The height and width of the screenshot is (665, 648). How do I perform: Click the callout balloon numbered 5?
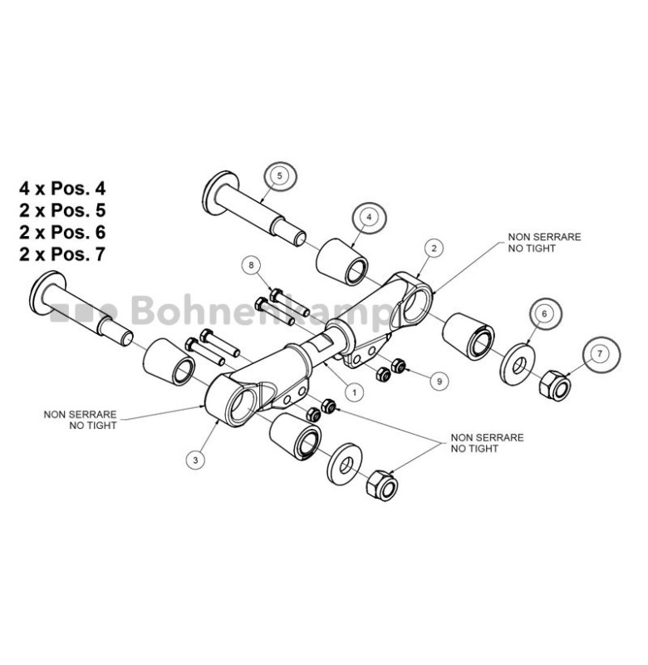(x=279, y=175)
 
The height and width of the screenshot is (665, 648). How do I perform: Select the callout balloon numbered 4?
(x=369, y=217)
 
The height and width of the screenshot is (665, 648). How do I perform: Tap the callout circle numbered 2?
(x=434, y=249)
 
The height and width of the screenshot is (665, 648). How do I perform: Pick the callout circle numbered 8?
(x=252, y=265)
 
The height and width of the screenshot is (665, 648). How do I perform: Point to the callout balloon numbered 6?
(x=545, y=313)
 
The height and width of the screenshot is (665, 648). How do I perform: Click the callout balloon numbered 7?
(x=600, y=354)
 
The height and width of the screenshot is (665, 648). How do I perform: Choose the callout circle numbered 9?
(x=439, y=382)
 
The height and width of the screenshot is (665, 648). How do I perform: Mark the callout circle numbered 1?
(x=354, y=392)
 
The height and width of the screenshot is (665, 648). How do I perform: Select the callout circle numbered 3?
(x=195, y=460)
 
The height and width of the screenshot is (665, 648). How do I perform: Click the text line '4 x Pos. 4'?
(x=62, y=189)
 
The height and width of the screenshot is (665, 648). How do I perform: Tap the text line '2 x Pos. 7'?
(x=62, y=254)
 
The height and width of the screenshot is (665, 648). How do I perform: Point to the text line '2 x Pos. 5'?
(x=62, y=210)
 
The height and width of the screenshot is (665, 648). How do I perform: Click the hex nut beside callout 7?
(x=556, y=385)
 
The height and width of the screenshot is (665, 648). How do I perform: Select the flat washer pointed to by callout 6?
(x=518, y=364)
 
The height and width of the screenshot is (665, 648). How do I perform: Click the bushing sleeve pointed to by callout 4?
(x=342, y=262)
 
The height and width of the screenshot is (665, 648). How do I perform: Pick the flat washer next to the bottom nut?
(x=345, y=464)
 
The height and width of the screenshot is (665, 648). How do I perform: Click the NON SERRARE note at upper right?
(x=545, y=243)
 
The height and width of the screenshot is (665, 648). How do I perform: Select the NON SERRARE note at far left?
(x=80, y=420)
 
